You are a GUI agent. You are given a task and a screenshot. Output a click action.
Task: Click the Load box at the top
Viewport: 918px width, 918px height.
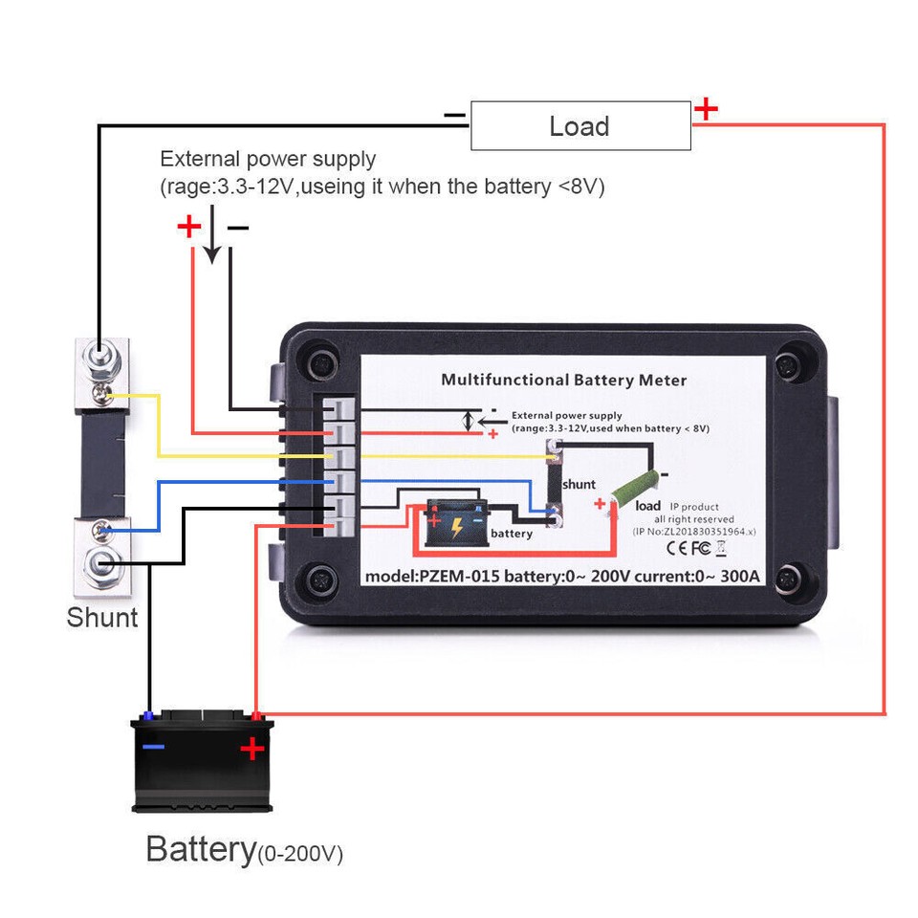[x=579, y=126]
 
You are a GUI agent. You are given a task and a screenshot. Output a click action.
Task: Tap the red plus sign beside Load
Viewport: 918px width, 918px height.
[x=706, y=109]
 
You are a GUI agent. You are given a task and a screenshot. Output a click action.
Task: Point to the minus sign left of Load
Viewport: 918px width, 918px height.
[x=454, y=116]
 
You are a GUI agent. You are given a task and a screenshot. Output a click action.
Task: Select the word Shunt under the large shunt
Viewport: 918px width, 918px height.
[x=102, y=618]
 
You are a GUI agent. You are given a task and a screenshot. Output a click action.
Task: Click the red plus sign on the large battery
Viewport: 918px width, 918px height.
[x=251, y=748]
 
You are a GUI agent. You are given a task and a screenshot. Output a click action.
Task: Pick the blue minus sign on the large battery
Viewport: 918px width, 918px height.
[x=153, y=747]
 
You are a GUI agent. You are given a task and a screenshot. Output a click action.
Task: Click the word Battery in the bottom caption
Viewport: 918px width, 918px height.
[x=201, y=848]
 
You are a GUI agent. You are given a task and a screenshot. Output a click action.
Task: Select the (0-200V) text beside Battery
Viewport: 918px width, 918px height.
[x=300, y=853]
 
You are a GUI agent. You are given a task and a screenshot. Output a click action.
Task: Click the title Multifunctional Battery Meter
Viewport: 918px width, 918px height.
[x=563, y=380]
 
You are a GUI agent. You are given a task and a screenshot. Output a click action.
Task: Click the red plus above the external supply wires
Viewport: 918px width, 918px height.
[x=189, y=228]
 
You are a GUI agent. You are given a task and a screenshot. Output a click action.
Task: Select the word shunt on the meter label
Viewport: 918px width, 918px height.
[x=579, y=485]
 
